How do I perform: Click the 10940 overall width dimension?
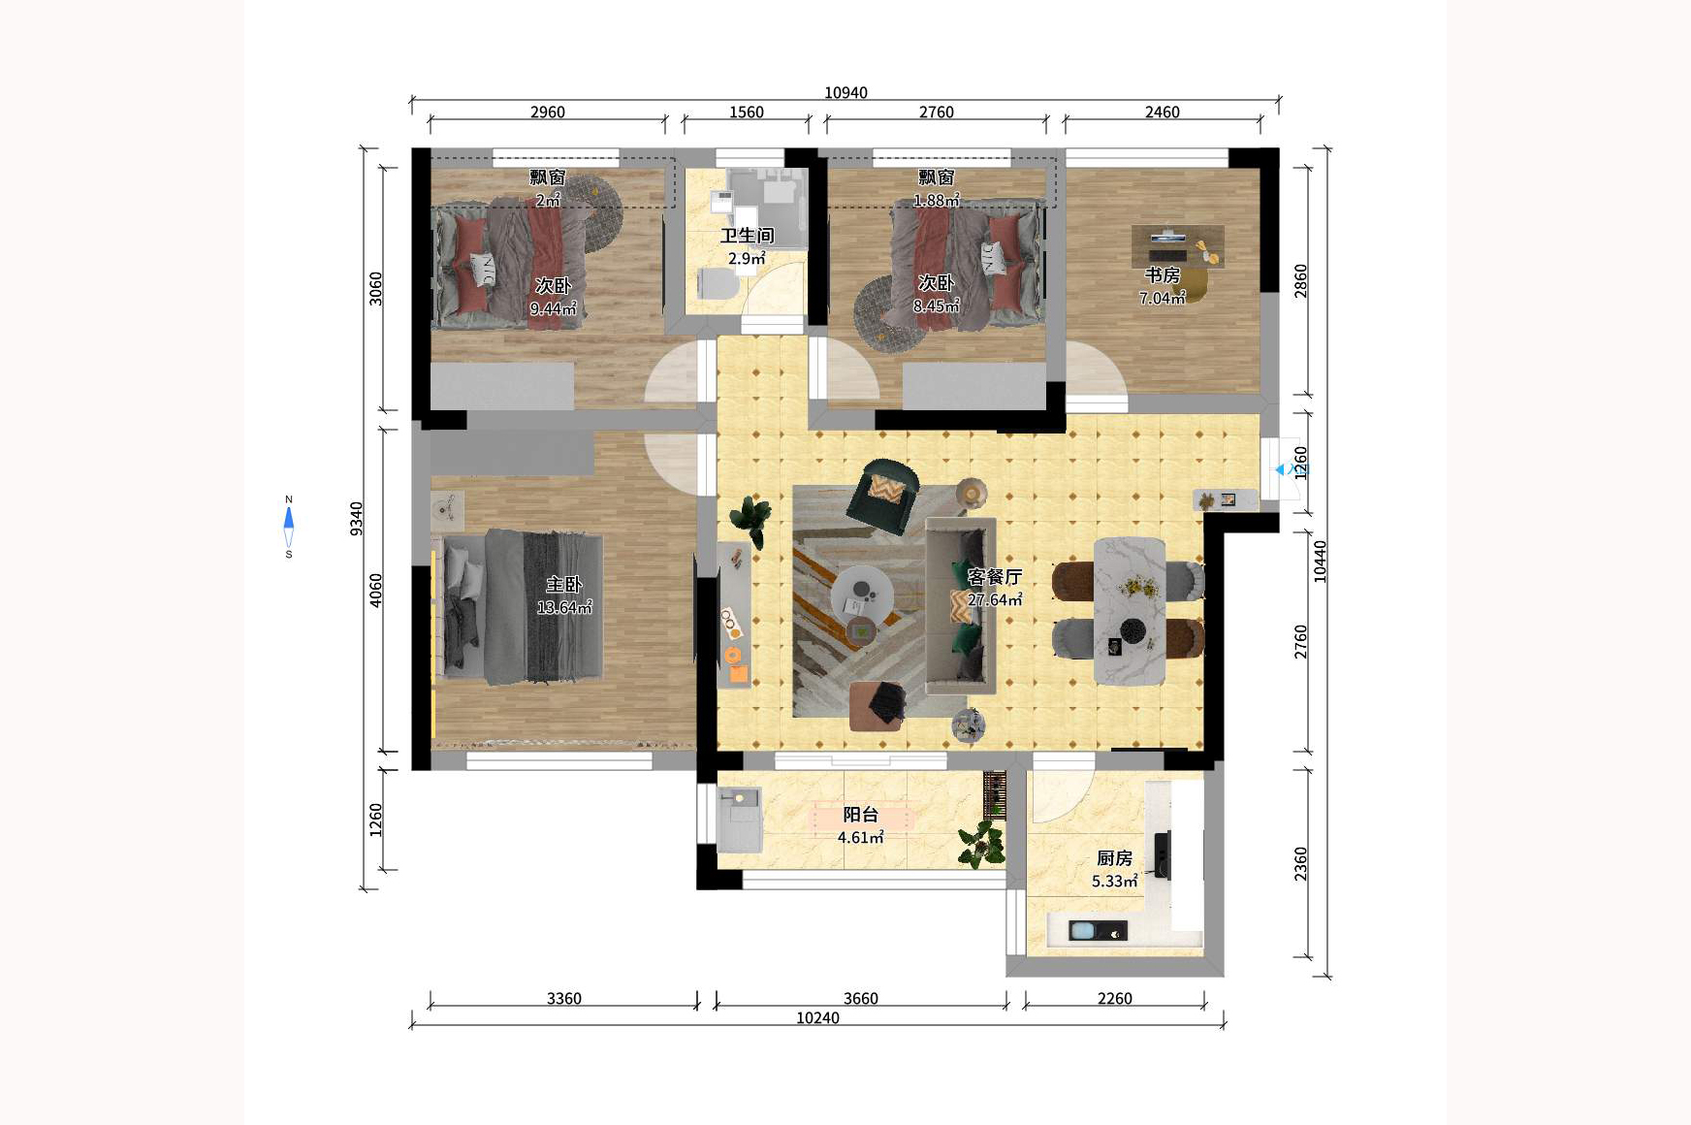pyautogui.click(x=845, y=93)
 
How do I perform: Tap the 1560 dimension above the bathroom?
pyautogui.click(x=747, y=112)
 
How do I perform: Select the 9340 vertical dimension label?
pyautogui.click(x=357, y=518)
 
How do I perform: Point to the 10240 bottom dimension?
pyautogui.click(x=817, y=1017)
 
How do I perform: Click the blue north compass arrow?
pyautogui.click(x=288, y=518)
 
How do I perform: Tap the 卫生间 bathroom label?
pyautogui.click(x=747, y=236)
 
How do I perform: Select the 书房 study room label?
pyautogui.click(x=1162, y=275)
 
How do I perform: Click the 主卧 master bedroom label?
pyautogui.click(x=563, y=584)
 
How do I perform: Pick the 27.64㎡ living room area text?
pyautogui.click(x=995, y=600)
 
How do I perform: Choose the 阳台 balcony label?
pyautogui.click(x=860, y=815)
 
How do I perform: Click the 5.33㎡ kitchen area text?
pyautogui.click(x=1114, y=882)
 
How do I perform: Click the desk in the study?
pyautogui.click(x=1177, y=246)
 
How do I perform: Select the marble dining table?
pyautogui.click(x=1130, y=611)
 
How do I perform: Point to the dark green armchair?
pyautogui.click(x=883, y=496)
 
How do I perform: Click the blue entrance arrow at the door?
pyautogui.click(x=1280, y=469)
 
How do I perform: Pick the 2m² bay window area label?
pyautogui.click(x=548, y=201)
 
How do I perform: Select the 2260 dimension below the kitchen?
pyautogui.click(x=1114, y=998)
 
